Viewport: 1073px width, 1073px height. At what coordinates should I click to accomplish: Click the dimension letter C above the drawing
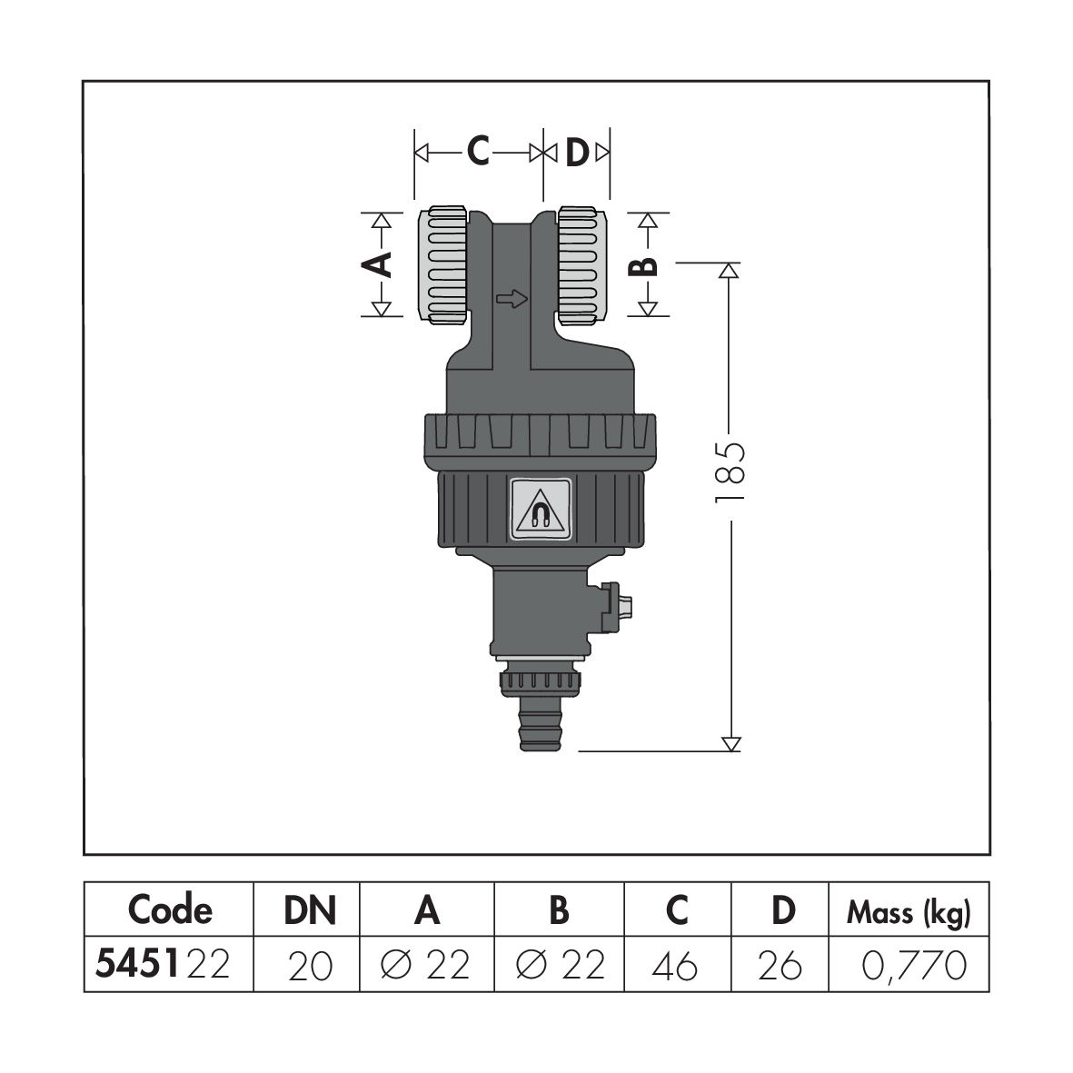point(478,151)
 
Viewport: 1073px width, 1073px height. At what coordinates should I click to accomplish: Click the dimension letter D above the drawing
point(577,153)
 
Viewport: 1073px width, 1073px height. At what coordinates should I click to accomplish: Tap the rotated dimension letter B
point(643,265)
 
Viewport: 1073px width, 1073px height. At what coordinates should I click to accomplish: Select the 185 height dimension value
point(730,472)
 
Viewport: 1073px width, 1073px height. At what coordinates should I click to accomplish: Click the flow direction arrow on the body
point(512,298)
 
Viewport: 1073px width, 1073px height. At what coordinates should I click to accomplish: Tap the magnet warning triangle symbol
point(540,511)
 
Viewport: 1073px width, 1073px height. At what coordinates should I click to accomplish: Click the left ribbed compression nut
point(443,265)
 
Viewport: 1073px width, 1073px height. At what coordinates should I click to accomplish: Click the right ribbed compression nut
point(581,265)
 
